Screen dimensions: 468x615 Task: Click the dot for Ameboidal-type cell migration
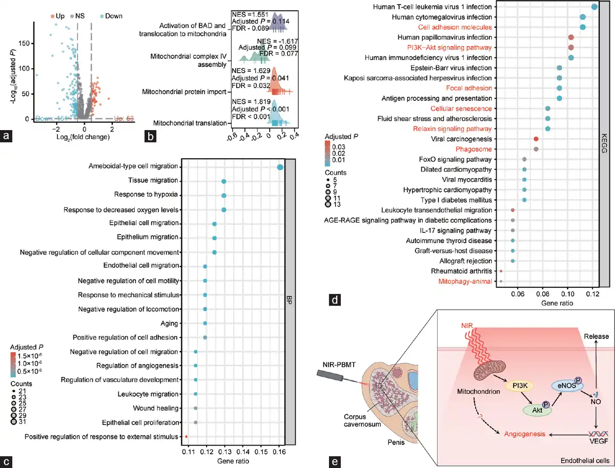click(280, 167)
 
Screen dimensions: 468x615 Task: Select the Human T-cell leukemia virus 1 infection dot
click(594, 7)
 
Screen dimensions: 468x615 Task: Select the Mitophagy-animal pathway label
click(465, 281)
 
